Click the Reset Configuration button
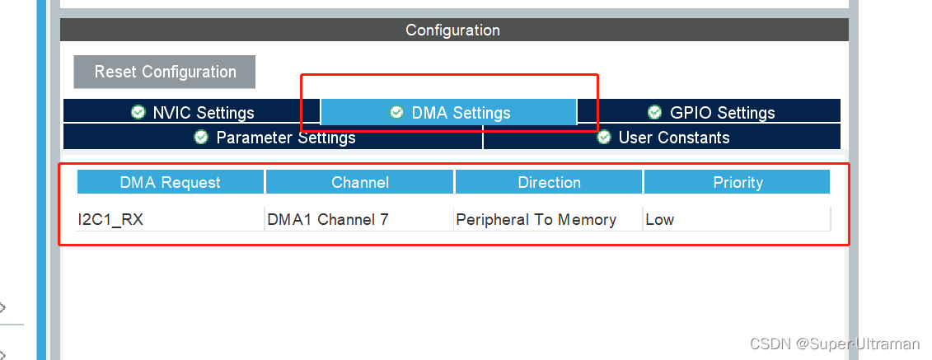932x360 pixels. pyautogui.click(x=165, y=72)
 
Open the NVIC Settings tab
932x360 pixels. pyautogui.click(x=192, y=113)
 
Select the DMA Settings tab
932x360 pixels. pyautogui.click(x=449, y=113)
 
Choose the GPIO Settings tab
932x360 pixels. pyautogui.click(x=710, y=113)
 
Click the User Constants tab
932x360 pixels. pyautogui.click(x=663, y=138)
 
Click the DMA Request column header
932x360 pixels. pyautogui.click(x=171, y=182)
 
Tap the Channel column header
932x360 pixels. pyautogui.click(x=360, y=182)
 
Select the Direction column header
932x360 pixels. pyautogui.click(x=549, y=182)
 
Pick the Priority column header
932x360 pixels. pyautogui.click(x=738, y=182)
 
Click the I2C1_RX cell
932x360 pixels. pyautogui.click(x=110, y=220)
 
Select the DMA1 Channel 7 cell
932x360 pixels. pyautogui.click(x=328, y=220)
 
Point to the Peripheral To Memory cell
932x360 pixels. pyautogui.click(x=536, y=220)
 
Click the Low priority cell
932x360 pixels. pyautogui.click(x=660, y=220)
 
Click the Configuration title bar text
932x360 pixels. pyautogui.click(x=452, y=30)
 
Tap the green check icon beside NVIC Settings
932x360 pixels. pyautogui.click(x=138, y=112)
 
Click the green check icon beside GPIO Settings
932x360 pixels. pyautogui.click(x=654, y=112)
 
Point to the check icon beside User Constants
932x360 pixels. pyautogui.click(x=604, y=137)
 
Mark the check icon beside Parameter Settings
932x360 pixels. pyautogui.click(x=201, y=137)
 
